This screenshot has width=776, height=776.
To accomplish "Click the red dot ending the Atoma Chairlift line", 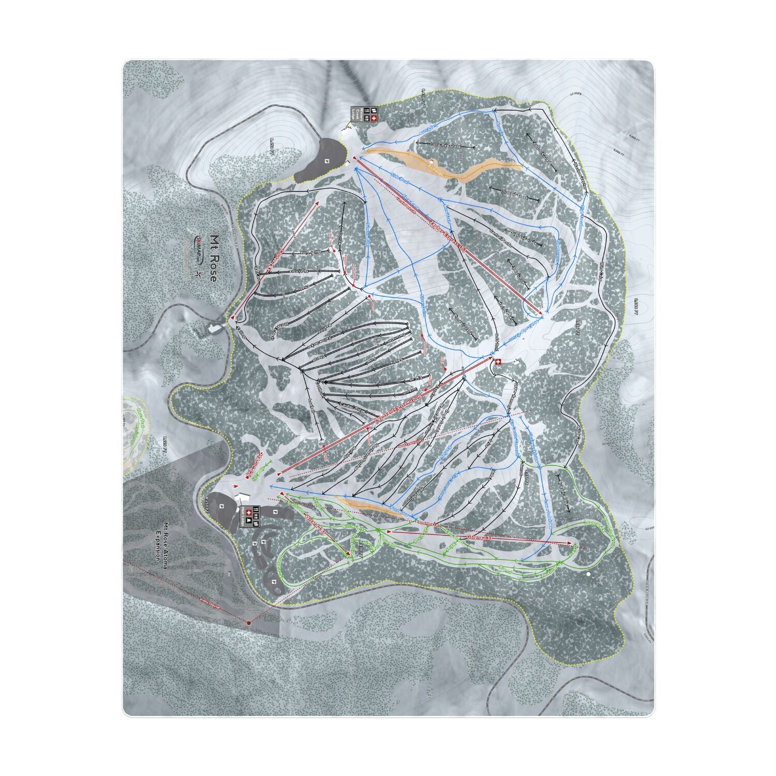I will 249,623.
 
